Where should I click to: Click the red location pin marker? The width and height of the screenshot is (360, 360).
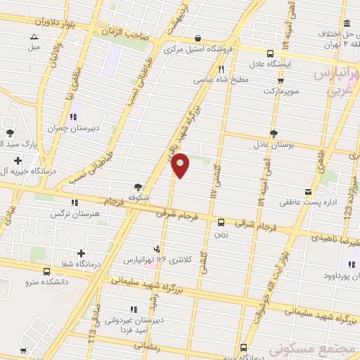(181, 165)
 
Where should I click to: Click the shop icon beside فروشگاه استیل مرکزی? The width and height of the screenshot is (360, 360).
(198, 38)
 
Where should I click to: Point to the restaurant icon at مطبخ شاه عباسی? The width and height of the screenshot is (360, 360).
(221, 69)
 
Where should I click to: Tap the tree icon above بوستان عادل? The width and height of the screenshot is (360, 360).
(273, 134)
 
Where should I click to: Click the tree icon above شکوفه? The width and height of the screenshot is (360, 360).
(138, 187)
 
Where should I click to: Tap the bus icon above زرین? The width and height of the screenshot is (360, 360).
(221, 221)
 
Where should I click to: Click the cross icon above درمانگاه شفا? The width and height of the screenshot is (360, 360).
(82, 253)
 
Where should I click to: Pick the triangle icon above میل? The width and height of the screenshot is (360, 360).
(34, 37)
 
